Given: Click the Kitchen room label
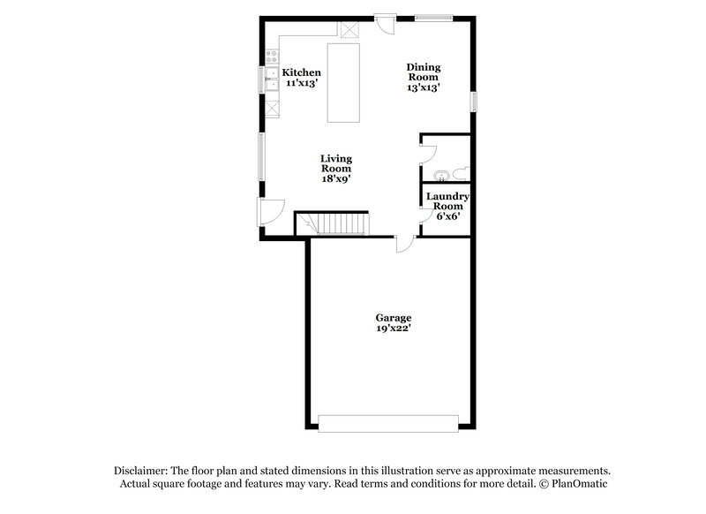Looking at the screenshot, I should [x=301, y=72].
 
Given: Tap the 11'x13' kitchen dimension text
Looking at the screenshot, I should [x=301, y=83].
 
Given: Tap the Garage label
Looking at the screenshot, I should [x=393, y=318].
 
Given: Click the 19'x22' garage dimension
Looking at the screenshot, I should [x=393, y=329].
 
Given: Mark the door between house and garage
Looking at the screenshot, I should [x=405, y=244].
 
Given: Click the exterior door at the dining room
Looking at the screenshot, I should [x=386, y=23].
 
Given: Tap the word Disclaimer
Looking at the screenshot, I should [x=141, y=471].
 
